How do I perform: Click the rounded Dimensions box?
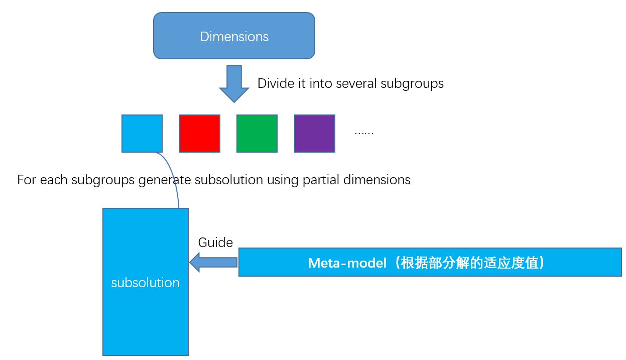[x=234, y=36]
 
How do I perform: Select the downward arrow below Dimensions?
[x=234, y=84]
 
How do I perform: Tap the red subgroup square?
[x=200, y=134]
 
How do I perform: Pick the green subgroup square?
[x=257, y=134]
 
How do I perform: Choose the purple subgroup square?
[x=315, y=134]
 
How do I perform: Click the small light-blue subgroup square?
[x=142, y=134]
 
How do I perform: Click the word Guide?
[x=215, y=243]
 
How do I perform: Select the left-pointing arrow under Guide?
[x=213, y=263]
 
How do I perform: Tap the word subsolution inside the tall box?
[x=145, y=283]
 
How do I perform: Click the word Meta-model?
[x=347, y=263]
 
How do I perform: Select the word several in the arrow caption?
[x=356, y=83]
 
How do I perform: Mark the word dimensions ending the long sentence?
[x=377, y=180]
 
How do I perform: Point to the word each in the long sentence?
[x=54, y=180]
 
